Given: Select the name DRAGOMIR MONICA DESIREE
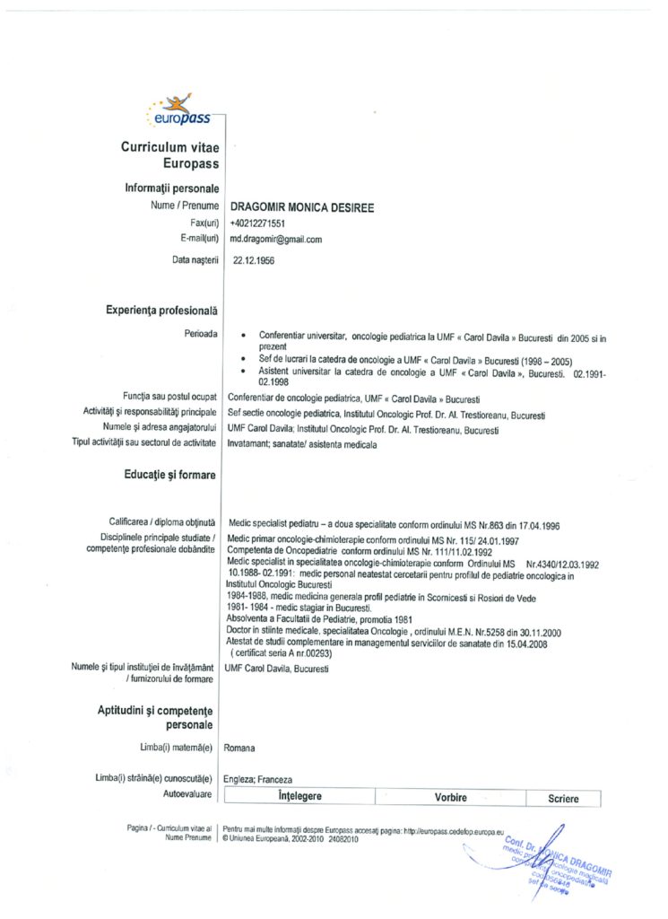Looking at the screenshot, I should pos(301,208).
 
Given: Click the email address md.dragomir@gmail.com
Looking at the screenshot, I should pos(275,240).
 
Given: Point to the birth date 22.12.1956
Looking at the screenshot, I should pos(254,260).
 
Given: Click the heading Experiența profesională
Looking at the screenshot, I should pos(162,311).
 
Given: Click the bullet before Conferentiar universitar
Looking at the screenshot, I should pos(245,334).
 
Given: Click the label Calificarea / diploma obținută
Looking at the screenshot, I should pos(161,521).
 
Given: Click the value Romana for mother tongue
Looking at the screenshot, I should pos(239,747).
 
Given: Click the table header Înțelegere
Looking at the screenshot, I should pos(299,797).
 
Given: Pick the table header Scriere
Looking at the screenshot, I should pos(563,798).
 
